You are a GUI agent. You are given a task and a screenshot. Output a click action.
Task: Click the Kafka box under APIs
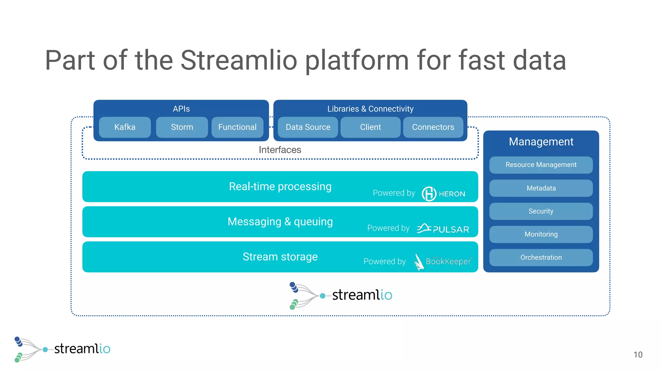[125, 127]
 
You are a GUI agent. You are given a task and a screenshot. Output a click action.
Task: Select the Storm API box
[182, 127]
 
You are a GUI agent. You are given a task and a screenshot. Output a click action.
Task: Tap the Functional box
[237, 127]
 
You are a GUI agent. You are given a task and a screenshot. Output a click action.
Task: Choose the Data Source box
[308, 127]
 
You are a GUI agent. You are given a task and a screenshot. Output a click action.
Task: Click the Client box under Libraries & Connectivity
[370, 127]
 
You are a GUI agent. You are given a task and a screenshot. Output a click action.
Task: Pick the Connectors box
[433, 127]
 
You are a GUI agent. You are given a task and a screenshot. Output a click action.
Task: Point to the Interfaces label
[280, 150]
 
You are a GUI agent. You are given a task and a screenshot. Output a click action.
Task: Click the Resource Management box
[541, 165]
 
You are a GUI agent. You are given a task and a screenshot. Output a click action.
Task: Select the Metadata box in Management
[541, 188]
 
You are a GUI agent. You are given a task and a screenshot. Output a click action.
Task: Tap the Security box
[541, 211]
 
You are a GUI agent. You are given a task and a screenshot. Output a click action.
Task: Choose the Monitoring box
[541, 234]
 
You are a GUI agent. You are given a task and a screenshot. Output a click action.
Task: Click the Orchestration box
[541, 257]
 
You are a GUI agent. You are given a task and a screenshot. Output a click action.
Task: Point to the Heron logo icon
[429, 194]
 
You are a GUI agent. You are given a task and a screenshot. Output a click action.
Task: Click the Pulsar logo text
[451, 230]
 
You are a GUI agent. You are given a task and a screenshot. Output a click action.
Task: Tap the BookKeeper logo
[442, 261]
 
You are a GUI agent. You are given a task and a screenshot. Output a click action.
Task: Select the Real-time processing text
[280, 187]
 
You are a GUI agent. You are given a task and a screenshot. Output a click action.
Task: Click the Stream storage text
[280, 257]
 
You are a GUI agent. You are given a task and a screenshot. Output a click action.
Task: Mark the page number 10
[638, 355]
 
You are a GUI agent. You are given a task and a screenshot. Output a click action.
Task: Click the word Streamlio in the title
[239, 60]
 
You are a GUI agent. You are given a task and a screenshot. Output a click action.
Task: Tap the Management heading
[541, 142]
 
